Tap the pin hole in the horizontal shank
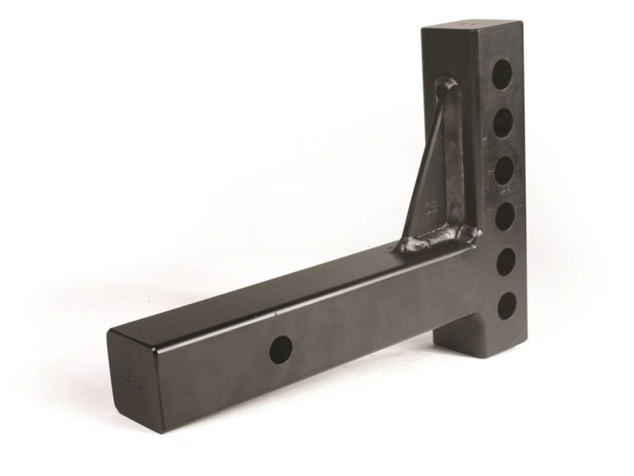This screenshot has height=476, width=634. coord(281,349)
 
